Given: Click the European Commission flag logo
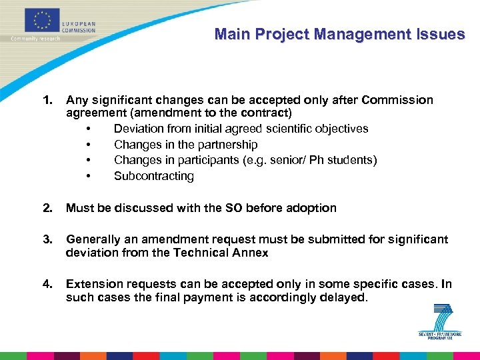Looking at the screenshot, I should (x=41, y=20).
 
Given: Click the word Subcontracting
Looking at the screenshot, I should (x=154, y=176).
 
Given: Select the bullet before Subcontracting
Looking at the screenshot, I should (x=88, y=177).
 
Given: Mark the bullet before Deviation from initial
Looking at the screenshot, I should (x=88, y=129).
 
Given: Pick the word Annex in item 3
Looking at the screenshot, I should (x=252, y=253).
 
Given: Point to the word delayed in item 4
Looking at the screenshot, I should (x=345, y=297).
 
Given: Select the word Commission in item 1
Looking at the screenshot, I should (x=397, y=100).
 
